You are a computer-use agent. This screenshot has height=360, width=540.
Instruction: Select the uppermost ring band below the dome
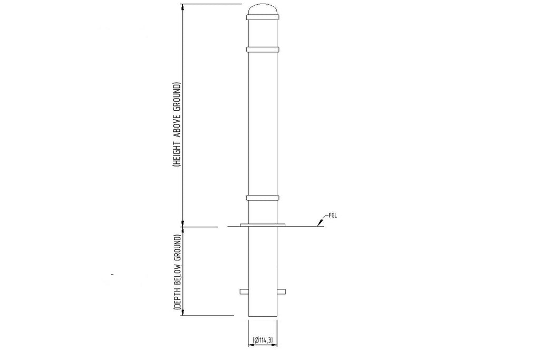pyautogui.click(x=263, y=18)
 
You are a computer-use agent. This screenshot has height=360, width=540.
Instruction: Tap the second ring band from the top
pyautogui.click(x=263, y=50)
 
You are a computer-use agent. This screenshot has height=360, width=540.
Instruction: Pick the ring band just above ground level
pyautogui.click(x=263, y=198)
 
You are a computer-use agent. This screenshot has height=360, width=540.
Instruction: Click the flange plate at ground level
pyautogui.click(x=263, y=225)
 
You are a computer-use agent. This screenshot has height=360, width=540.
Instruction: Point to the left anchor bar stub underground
pyautogui.click(x=244, y=290)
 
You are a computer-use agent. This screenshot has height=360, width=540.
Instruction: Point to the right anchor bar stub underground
pyautogui.click(x=282, y=290)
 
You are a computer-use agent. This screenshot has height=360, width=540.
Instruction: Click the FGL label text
pyautogui.click(x=333, y=216)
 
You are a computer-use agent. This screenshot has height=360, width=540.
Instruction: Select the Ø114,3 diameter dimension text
pyautogui.click(x=263, y=340)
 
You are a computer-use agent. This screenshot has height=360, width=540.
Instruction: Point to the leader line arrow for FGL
pyautogui.click(x=319, y=225)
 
